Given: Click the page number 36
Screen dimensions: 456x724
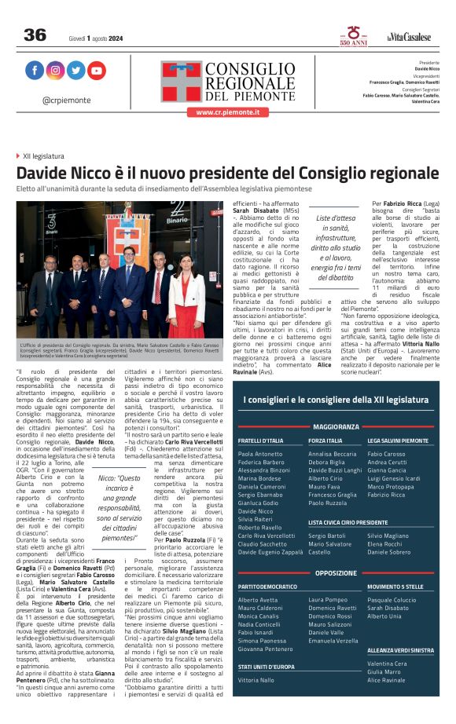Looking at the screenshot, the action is pos(35,35).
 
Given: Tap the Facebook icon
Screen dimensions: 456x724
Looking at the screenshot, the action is pos(35,71).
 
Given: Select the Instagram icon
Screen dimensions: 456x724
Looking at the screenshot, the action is pos(55,71).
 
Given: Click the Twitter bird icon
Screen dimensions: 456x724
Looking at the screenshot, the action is pos(75,71).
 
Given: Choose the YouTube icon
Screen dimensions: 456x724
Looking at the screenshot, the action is pos(96,71).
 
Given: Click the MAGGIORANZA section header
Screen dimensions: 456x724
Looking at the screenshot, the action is pos(336,427).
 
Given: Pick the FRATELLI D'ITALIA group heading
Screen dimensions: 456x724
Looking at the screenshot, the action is pos(261,441).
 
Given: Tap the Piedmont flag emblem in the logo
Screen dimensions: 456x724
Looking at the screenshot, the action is pos(182,80).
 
